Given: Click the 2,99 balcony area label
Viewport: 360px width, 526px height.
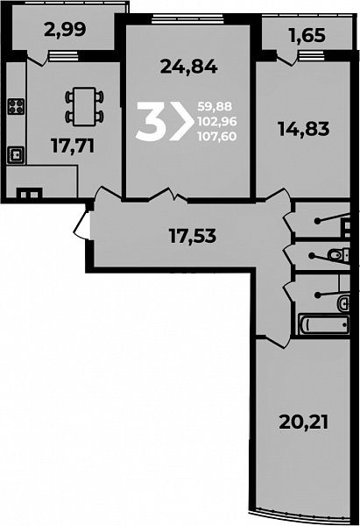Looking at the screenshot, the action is coord(65,30).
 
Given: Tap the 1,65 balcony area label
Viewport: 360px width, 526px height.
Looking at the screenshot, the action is coord(307,35).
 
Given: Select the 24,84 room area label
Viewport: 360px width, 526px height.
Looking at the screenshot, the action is coord(189,67).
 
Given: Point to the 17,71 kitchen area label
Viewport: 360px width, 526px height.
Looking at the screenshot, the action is coord(73,146).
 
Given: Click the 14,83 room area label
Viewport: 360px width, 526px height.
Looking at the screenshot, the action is coord(304,129).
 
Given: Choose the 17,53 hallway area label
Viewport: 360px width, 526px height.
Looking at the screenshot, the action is coord(193,235).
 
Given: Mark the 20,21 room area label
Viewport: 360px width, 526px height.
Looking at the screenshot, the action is coord(303,423).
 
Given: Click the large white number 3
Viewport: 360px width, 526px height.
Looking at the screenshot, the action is coord(151,121).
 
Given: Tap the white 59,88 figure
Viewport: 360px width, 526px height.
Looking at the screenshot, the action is coord(215,107).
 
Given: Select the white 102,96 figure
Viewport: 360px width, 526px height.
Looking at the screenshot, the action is coord(217,122).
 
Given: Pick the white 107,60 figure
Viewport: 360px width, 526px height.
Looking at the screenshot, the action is coord(217,136).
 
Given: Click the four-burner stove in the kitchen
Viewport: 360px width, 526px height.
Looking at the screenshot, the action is coord(16,107).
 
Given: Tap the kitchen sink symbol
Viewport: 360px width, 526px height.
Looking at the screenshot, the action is coord(16,155).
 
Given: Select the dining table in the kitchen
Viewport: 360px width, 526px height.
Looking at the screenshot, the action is coord(84,106).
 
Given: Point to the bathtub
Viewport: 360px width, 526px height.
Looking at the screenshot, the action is coord(324,324).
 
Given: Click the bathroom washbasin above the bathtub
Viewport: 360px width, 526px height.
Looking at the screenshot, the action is coord(343,303).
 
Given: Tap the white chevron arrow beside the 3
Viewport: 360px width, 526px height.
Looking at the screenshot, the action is coord(181,121).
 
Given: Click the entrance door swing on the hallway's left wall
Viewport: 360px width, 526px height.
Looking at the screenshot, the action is coord(81,224).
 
